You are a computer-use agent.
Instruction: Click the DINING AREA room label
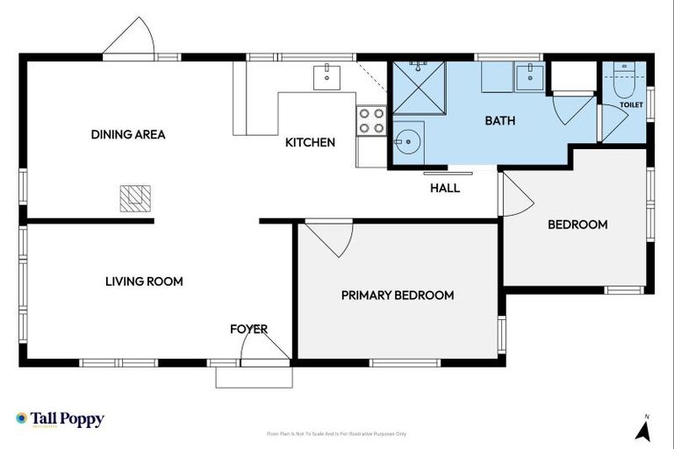(128, 134)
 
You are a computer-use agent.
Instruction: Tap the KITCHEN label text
(310, 142)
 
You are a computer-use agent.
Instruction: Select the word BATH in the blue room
(499, 121)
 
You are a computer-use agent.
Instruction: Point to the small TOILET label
(631, 105)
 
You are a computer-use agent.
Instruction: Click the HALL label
(444, 188)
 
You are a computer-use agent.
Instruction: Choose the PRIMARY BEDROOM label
(398, 296)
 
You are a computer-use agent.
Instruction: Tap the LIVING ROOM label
(144, 282)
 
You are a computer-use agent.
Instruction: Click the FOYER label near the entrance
(248, 329)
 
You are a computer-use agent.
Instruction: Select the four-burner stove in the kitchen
(371, 120)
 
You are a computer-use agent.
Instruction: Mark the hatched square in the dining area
(136, 199)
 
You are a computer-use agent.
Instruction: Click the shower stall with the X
(419, 88)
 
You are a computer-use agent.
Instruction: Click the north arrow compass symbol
(642, 429)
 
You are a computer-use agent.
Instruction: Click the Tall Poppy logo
(60, 419)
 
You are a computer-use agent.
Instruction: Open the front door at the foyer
(266, 349)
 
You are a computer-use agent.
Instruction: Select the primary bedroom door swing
(331, 238)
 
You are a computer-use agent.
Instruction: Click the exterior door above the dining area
(129, 39)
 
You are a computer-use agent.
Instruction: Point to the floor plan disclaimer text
(336, 434)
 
